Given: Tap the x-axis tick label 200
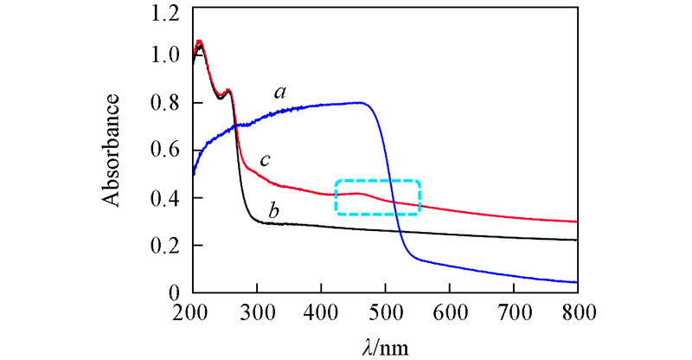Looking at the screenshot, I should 193,311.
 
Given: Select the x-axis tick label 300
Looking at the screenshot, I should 257,311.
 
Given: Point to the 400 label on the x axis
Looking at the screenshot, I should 321,311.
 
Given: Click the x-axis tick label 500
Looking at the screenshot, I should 385,311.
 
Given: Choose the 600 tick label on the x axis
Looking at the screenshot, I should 450,311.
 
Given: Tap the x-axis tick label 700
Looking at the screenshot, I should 514,311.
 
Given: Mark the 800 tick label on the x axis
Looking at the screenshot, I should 577,311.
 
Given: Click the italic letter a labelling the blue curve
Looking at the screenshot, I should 281,90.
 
